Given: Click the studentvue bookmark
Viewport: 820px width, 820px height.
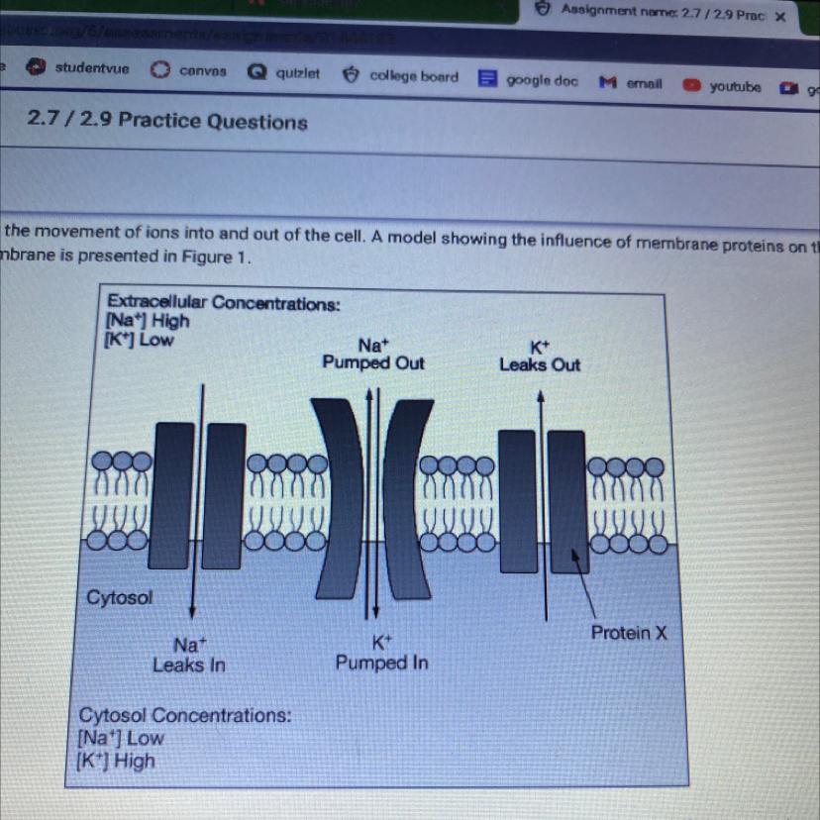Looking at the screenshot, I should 84,69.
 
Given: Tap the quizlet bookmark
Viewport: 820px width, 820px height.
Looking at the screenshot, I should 286,73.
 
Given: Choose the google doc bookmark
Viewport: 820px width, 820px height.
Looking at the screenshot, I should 531,80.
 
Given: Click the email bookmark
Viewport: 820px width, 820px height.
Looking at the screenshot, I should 634,84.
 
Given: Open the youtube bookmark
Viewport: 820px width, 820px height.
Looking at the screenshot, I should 725,87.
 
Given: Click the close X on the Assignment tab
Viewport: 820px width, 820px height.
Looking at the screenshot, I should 779,16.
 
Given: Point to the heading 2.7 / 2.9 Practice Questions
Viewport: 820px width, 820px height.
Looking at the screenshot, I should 167,122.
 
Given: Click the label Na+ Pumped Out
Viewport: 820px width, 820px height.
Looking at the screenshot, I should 373,354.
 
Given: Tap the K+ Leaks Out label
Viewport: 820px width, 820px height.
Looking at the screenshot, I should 540,356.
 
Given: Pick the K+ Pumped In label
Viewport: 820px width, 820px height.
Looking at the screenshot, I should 381,653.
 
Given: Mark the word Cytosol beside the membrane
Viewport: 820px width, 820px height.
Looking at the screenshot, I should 120,597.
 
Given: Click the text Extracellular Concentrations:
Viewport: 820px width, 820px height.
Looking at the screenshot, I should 223,303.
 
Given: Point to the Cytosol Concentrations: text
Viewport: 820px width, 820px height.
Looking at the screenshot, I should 185,715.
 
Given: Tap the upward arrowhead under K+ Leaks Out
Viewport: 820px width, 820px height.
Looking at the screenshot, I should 541,394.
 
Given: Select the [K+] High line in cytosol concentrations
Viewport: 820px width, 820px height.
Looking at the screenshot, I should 117,761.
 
